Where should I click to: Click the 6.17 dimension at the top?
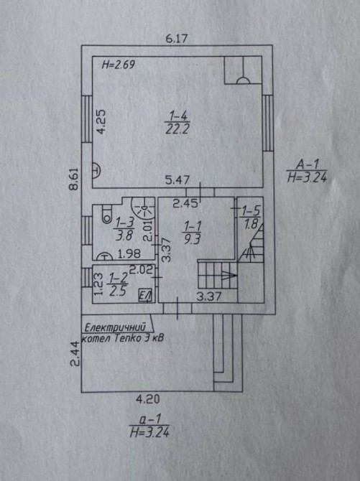(x=176, y=39)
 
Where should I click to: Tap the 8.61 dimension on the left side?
(x=74, y=179)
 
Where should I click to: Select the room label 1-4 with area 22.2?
(x=178, y=123)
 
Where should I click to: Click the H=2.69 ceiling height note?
(x=119, y=65)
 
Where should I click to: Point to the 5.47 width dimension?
(x=177, y=179)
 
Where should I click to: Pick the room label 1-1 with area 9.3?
(x=193, y=233)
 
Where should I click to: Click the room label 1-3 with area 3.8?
(x=124, y=230)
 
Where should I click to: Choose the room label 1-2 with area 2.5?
(x=118, y=285)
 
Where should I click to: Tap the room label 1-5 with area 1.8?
(x=251, y=218)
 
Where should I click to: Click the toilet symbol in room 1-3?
(x=107, y=214)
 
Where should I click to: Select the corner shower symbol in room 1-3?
(x=143, y=207)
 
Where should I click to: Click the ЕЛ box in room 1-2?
(x=146, y=295)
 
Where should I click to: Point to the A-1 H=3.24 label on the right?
(x=307, y=171)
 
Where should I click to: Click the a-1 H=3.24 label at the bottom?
(x=149, y=426)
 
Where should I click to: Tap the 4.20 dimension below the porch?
(x=148, y=399)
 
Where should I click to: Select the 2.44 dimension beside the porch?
(x=75, y=354)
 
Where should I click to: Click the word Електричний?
(x=115, y=327)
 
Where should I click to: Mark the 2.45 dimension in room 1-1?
(x=185, y=203)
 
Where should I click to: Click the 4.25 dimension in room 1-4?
(x=101, y=122)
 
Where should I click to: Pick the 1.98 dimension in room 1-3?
(x=129, y=253)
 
